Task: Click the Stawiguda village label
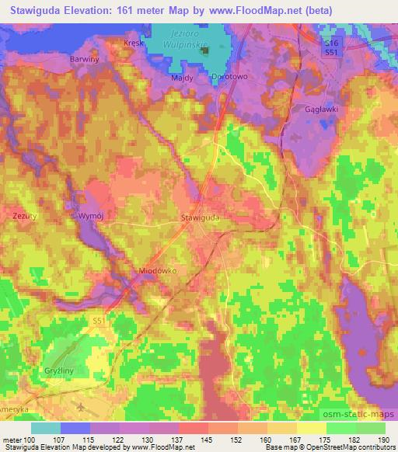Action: [200, 220]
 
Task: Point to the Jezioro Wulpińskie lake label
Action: [192, 39]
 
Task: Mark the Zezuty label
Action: [26, 215]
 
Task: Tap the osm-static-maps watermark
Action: [368, 411]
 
